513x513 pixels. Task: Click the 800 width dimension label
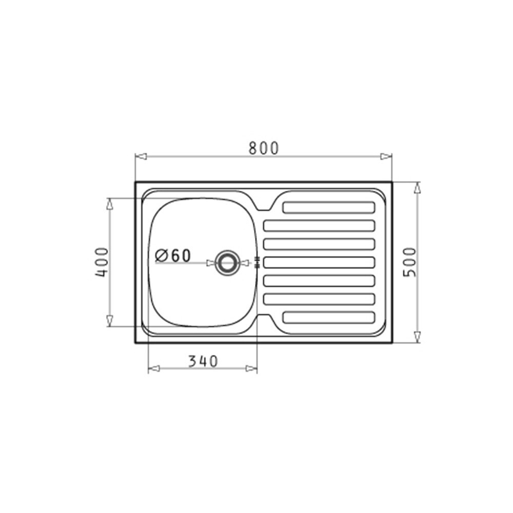tap(264, 148)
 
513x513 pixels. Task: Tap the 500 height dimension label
tap(410, 262)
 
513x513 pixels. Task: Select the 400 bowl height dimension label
tap(102, 262)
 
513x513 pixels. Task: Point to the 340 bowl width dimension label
tap(203, 361)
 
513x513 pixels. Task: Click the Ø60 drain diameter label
tap(173, 255)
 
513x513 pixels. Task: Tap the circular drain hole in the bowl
tap(227, 263)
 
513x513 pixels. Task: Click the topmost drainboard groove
tap(329, 207)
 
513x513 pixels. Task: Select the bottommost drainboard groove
tap(329, 318)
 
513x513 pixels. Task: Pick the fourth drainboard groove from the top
tap(319, 262)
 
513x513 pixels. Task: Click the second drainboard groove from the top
tap(319, 226)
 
